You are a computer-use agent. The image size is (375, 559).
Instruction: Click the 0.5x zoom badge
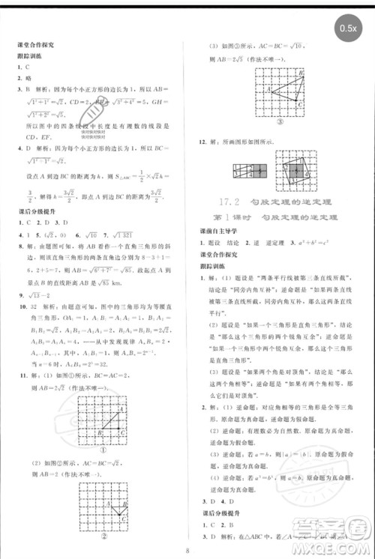[348, 28]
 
